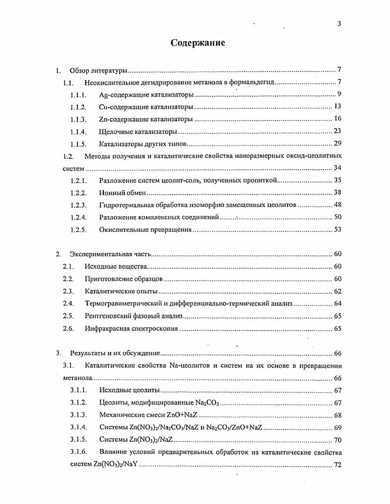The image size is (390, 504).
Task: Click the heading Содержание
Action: pyautogui.click(x=197, y=43)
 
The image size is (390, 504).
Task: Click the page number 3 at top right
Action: pyautogui.click(x=339, y=24)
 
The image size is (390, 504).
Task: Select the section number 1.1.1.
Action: pyautogui.click(x=78, y=95)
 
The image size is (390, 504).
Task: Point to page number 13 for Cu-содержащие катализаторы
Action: pyautogui.click(x=337, y=106)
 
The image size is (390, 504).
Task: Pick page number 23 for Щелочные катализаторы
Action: pyautogui.click(x=337, y=131)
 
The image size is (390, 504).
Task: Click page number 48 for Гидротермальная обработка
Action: pyautogui.click(x=337, y=205)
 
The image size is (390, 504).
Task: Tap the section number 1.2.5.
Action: pyautogui.click(x=78, y=229)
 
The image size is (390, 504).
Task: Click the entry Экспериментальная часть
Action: pyautogui.click(x=110, y=254)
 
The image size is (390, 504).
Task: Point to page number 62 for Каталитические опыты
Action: pyautogui.click(x=337, y=291)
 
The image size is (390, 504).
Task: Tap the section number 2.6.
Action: pyautogui.click(x=68, y=328)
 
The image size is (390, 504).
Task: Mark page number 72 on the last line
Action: pyautogui.click(x=337, y=465)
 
